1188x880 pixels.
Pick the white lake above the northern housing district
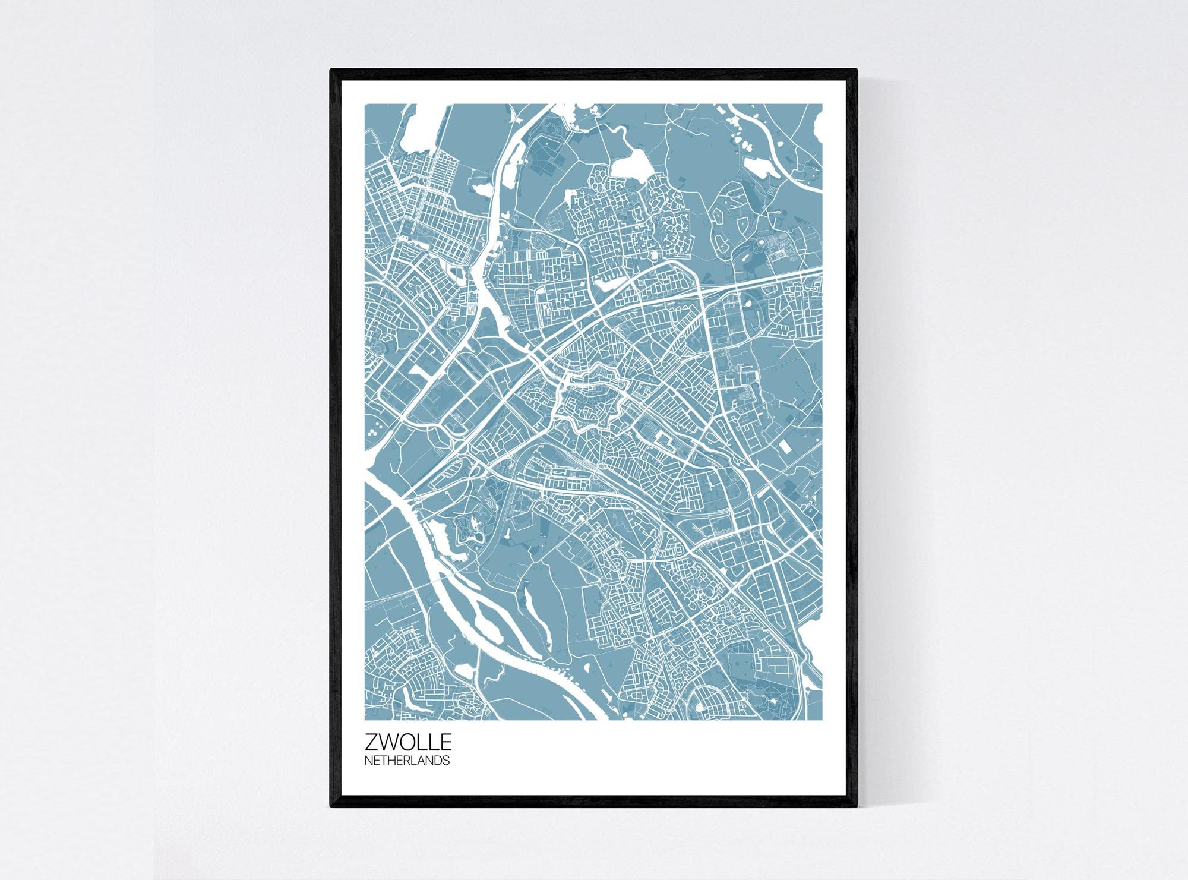tap(631, 163)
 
